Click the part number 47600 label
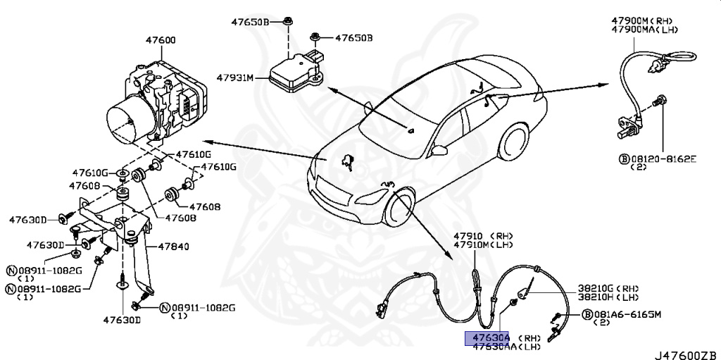click(x=161, y=41)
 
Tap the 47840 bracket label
click(x=173, y=247)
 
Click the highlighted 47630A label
click(x=487, y=337)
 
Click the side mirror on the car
click(x=441, y=149)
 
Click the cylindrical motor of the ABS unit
click(x=127, y=119)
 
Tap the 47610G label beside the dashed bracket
click(x=218, y=167)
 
